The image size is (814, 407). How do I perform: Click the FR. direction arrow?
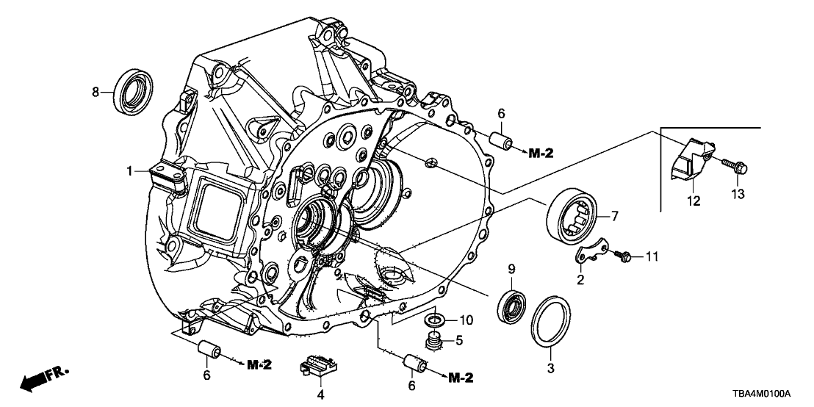click(44, 378)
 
